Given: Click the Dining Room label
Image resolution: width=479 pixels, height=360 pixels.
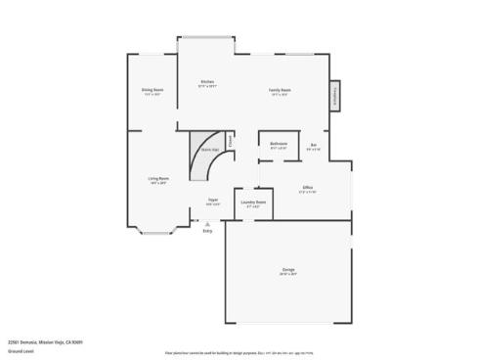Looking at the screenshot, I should click(152, 89).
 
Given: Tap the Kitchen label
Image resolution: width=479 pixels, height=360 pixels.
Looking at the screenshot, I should click(207, 81).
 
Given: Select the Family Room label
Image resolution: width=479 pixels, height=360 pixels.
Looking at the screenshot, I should click(281, 90).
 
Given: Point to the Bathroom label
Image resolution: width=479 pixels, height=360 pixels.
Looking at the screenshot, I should click(278, 144).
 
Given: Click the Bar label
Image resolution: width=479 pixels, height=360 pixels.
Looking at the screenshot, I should click(314, 145).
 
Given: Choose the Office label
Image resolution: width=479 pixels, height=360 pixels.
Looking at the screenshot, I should click(307, 187).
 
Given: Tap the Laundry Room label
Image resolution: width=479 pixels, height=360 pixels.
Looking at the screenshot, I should click(254, 202).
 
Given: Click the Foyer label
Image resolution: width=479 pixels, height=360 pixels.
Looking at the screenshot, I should click(212, 201).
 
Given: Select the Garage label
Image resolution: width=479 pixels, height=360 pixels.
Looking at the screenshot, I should click(289, 268).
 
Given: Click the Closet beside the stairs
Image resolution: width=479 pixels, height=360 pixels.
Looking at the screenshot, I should click(231, 141).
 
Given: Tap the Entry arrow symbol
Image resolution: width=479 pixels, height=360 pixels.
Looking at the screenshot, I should click(206, 223).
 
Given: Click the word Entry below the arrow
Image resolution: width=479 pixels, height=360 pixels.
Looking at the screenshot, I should click(206, 231).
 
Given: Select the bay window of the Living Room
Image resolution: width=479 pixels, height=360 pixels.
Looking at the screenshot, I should click(156, 232).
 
